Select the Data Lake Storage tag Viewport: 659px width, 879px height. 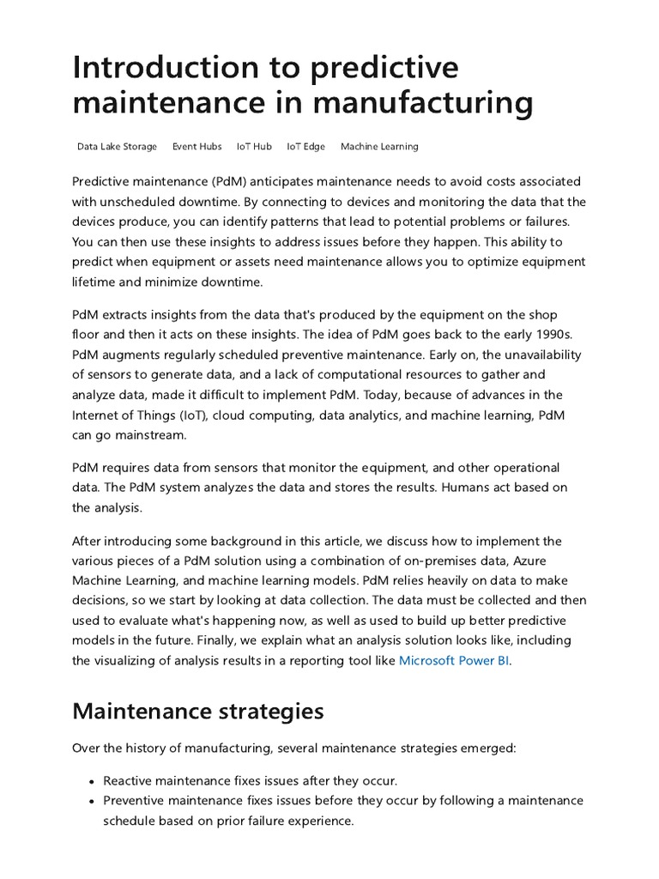coord(117,147)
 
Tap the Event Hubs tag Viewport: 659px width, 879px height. coord(196,147)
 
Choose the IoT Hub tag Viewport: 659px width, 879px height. coord(254,147)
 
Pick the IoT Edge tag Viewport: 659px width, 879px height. coord(305,147)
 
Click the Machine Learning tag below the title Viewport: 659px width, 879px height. coord(379,147)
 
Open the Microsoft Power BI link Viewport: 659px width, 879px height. coord(454,661)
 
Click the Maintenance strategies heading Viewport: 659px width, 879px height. coord(198,711)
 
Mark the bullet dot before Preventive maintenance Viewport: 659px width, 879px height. coord(91,801)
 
